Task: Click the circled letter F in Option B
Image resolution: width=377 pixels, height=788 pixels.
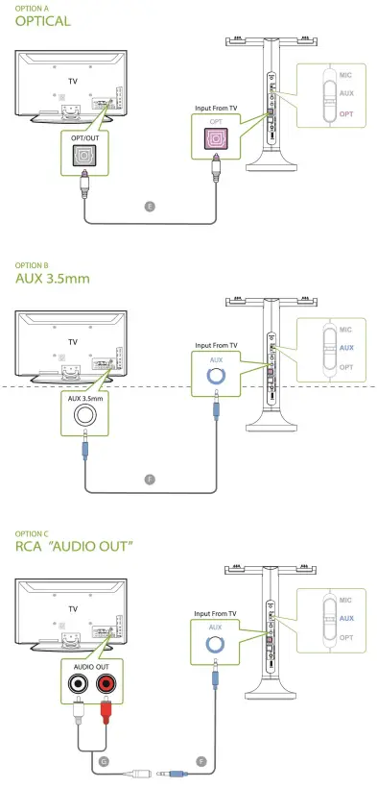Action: point(148,477)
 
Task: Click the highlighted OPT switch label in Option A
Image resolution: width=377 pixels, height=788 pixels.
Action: point(346,113)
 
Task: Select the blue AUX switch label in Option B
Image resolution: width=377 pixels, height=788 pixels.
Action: point(346,348)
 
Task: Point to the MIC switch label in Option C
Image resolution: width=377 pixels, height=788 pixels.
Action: point(346,601)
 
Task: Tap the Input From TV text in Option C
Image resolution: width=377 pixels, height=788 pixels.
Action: point(214,612)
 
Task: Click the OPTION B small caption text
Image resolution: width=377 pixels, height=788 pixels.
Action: point(32,263)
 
